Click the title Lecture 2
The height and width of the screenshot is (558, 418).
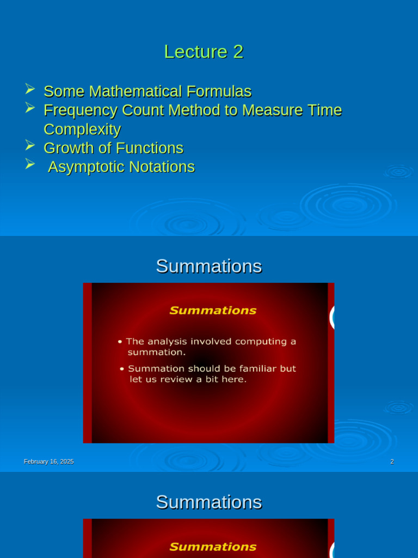(204, 52)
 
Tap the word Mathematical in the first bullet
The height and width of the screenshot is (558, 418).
(149, 91)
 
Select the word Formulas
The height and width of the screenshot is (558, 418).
(224, 91)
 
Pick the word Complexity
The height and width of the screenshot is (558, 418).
(82, 129)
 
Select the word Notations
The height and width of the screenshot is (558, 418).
(162, 167)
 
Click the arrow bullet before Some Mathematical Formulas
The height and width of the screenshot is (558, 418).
(30, 89)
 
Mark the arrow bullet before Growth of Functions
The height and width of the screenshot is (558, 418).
(30, 145)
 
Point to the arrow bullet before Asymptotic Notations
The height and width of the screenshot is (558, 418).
(30, 164)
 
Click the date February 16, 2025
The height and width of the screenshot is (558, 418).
(48, 462)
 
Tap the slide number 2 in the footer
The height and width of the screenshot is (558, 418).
(392, 462)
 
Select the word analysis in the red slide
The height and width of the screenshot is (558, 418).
(163, 342)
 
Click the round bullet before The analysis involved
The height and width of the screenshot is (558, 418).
(120, 342)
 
